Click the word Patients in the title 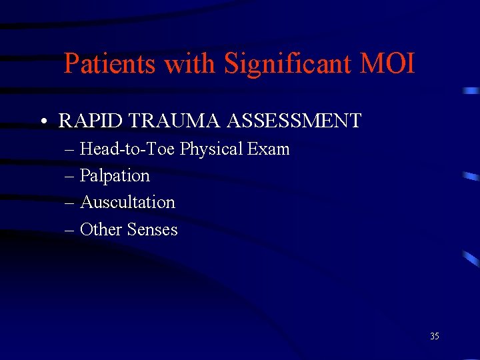click(110, 65)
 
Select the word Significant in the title click(288, 65)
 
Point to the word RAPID click(85, 121)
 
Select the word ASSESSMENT click(294, 121)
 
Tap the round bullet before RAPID click(42, 122)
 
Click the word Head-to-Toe click(128, 149)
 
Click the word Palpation click(115, 175)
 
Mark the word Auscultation click(127, 202)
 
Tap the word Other click(101, 229)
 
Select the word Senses click(153, 229)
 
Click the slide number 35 click(434, 337)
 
